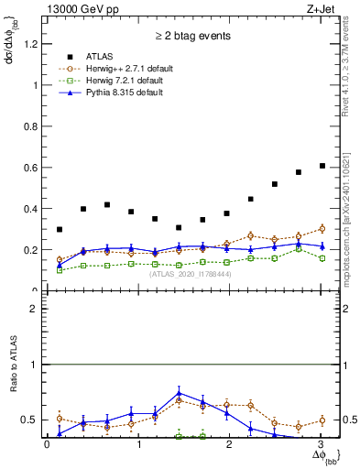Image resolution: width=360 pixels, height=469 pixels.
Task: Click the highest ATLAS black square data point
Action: (322, 166)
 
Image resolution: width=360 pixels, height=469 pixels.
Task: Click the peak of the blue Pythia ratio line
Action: (179, 392)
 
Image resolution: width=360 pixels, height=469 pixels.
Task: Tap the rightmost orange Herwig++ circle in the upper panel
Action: (322, 229)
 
